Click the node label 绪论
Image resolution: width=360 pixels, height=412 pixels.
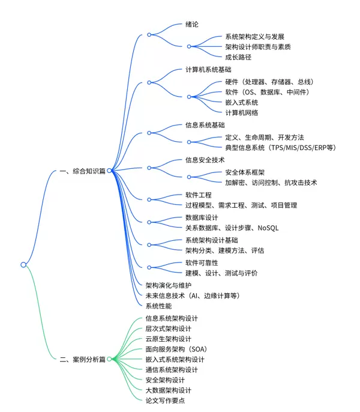(x=192, y=25)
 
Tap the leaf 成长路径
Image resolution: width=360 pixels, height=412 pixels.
(x=238, y=57)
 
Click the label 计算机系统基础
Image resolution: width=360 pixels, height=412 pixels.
(x=208, y=70)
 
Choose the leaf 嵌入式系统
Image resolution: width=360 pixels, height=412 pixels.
(x=242, y=102)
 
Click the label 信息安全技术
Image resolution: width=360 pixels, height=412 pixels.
(x=205, y=160)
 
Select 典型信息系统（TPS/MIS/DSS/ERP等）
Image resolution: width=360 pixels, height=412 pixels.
(x=280, y=147)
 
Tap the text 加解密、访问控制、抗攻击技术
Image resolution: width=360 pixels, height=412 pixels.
(x=271, y=182)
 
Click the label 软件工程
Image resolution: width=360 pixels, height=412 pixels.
(x=198, y=195)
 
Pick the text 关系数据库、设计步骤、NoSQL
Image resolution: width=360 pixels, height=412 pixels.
(x=232, y=228)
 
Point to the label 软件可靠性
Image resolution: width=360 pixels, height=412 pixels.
(x=201, y=262)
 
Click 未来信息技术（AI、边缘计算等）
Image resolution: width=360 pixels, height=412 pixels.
(x=192, y=295)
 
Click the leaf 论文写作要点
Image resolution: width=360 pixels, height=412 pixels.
(x=164, y=400)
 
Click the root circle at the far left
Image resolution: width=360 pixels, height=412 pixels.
(x=23, y=264)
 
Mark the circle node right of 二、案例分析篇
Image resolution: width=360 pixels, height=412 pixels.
(x=110, y=360)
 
